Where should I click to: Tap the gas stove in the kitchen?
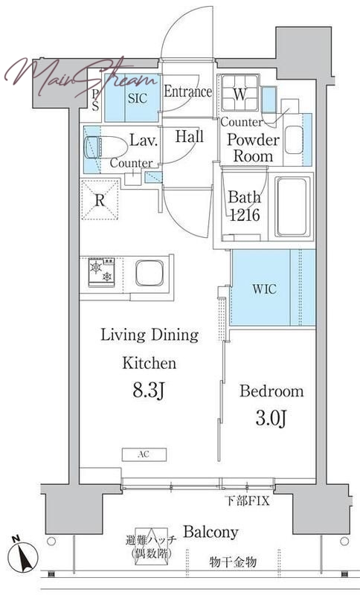(101, 272)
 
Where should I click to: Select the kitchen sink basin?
(149, 273)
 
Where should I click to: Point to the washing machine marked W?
(240, 93)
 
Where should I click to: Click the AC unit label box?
(144, 454)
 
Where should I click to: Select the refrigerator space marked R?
(100, 200)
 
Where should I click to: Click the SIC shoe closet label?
(137, 98)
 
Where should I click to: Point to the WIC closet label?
(264, 289)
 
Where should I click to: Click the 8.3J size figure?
(148, 391)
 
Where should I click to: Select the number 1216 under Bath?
(245, 215)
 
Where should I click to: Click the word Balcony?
(211, 532)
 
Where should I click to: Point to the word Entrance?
(187, 91)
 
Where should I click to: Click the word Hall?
(189, 136)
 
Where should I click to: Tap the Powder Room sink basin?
(294, 140)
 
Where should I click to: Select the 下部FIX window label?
(248, 501)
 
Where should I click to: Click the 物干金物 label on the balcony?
(234, 562)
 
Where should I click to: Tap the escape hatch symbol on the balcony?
(151, 543)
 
